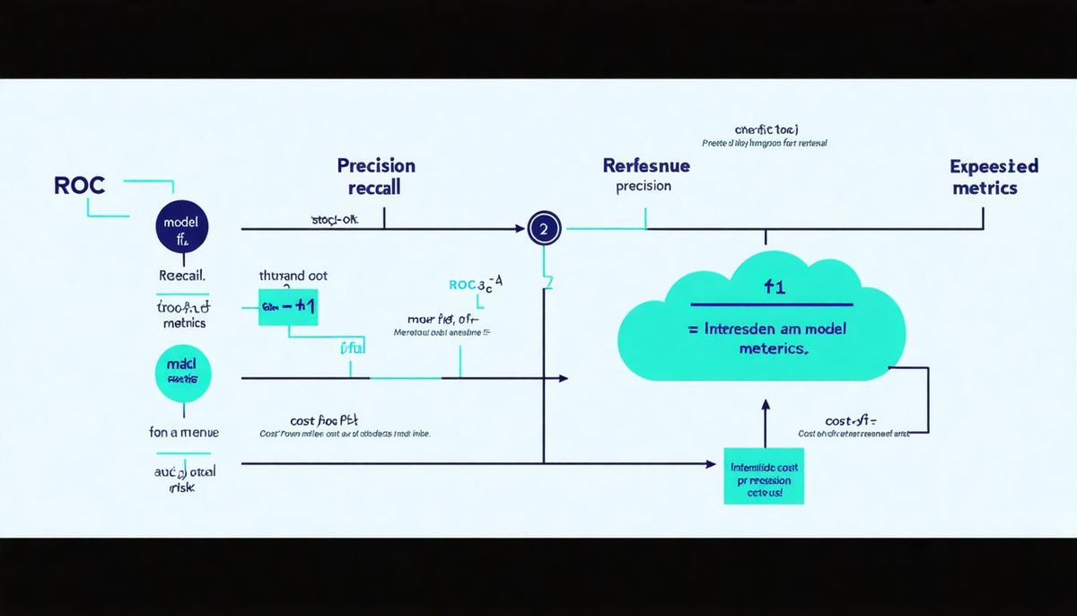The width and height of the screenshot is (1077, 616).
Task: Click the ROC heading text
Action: [80, 186]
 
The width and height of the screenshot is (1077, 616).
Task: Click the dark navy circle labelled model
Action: [181, 229]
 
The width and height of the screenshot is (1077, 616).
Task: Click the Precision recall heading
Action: [376, 177]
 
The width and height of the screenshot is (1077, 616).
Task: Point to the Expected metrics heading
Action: [993, 177]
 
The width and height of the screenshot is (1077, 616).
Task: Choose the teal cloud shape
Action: [763, 323]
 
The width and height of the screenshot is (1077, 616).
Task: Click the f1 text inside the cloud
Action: [774, 287]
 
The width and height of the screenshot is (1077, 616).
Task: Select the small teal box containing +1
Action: [287, 306]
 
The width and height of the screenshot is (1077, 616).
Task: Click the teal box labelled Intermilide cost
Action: [763, 476]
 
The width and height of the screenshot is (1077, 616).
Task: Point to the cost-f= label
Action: [851, 420]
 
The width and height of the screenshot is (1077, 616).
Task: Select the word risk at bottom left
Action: [181, 488]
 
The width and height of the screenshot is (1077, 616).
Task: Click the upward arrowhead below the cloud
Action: [765, 407]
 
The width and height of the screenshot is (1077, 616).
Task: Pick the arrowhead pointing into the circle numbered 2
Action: [520, 229]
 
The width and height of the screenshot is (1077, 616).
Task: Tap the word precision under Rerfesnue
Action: [644, 187]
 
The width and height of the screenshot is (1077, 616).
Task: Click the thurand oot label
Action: [293, 277]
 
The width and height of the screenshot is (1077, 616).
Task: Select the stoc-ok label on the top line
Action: [334, 219]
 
